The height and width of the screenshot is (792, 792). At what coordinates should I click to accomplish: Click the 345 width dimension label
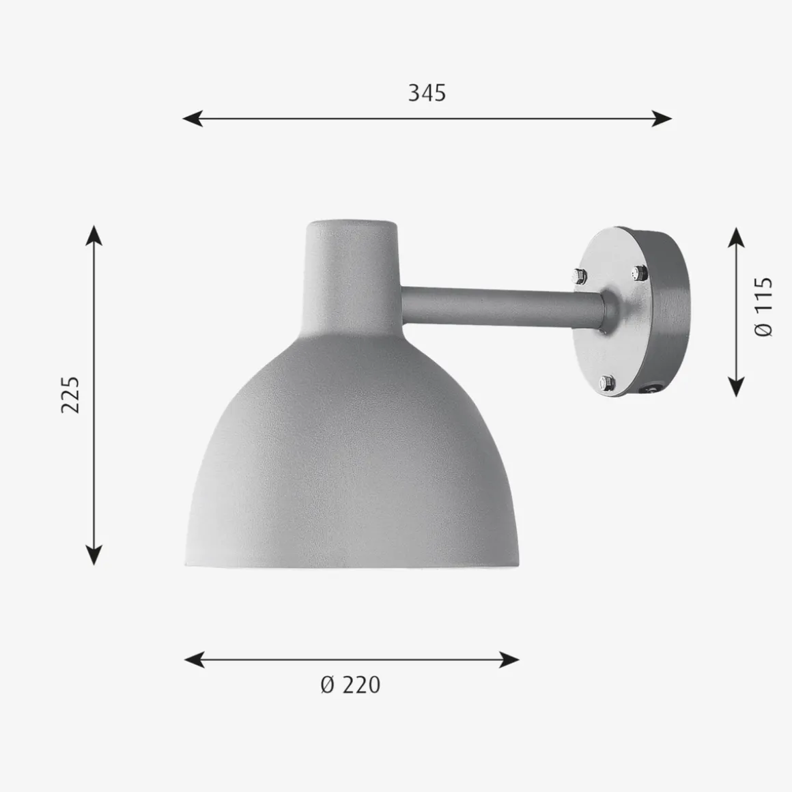[427, 93]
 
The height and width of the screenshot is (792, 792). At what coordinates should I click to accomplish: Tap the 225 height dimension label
[70, 395]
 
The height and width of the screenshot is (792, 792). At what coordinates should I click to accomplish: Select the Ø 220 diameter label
[350, 685]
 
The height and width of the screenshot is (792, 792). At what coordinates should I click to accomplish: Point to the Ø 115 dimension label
[763, 307]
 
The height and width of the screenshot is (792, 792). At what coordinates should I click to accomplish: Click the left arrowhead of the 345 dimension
[193, 119]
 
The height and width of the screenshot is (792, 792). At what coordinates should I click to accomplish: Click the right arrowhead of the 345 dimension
[662, 119]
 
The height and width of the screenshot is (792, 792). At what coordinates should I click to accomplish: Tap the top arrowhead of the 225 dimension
[94, 236]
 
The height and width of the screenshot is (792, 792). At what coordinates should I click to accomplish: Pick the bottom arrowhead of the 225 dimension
[94, 554]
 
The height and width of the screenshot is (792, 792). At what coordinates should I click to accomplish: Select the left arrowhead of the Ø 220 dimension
[195, 660]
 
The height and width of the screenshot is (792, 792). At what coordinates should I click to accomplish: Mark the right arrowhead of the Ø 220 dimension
[509, 660]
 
